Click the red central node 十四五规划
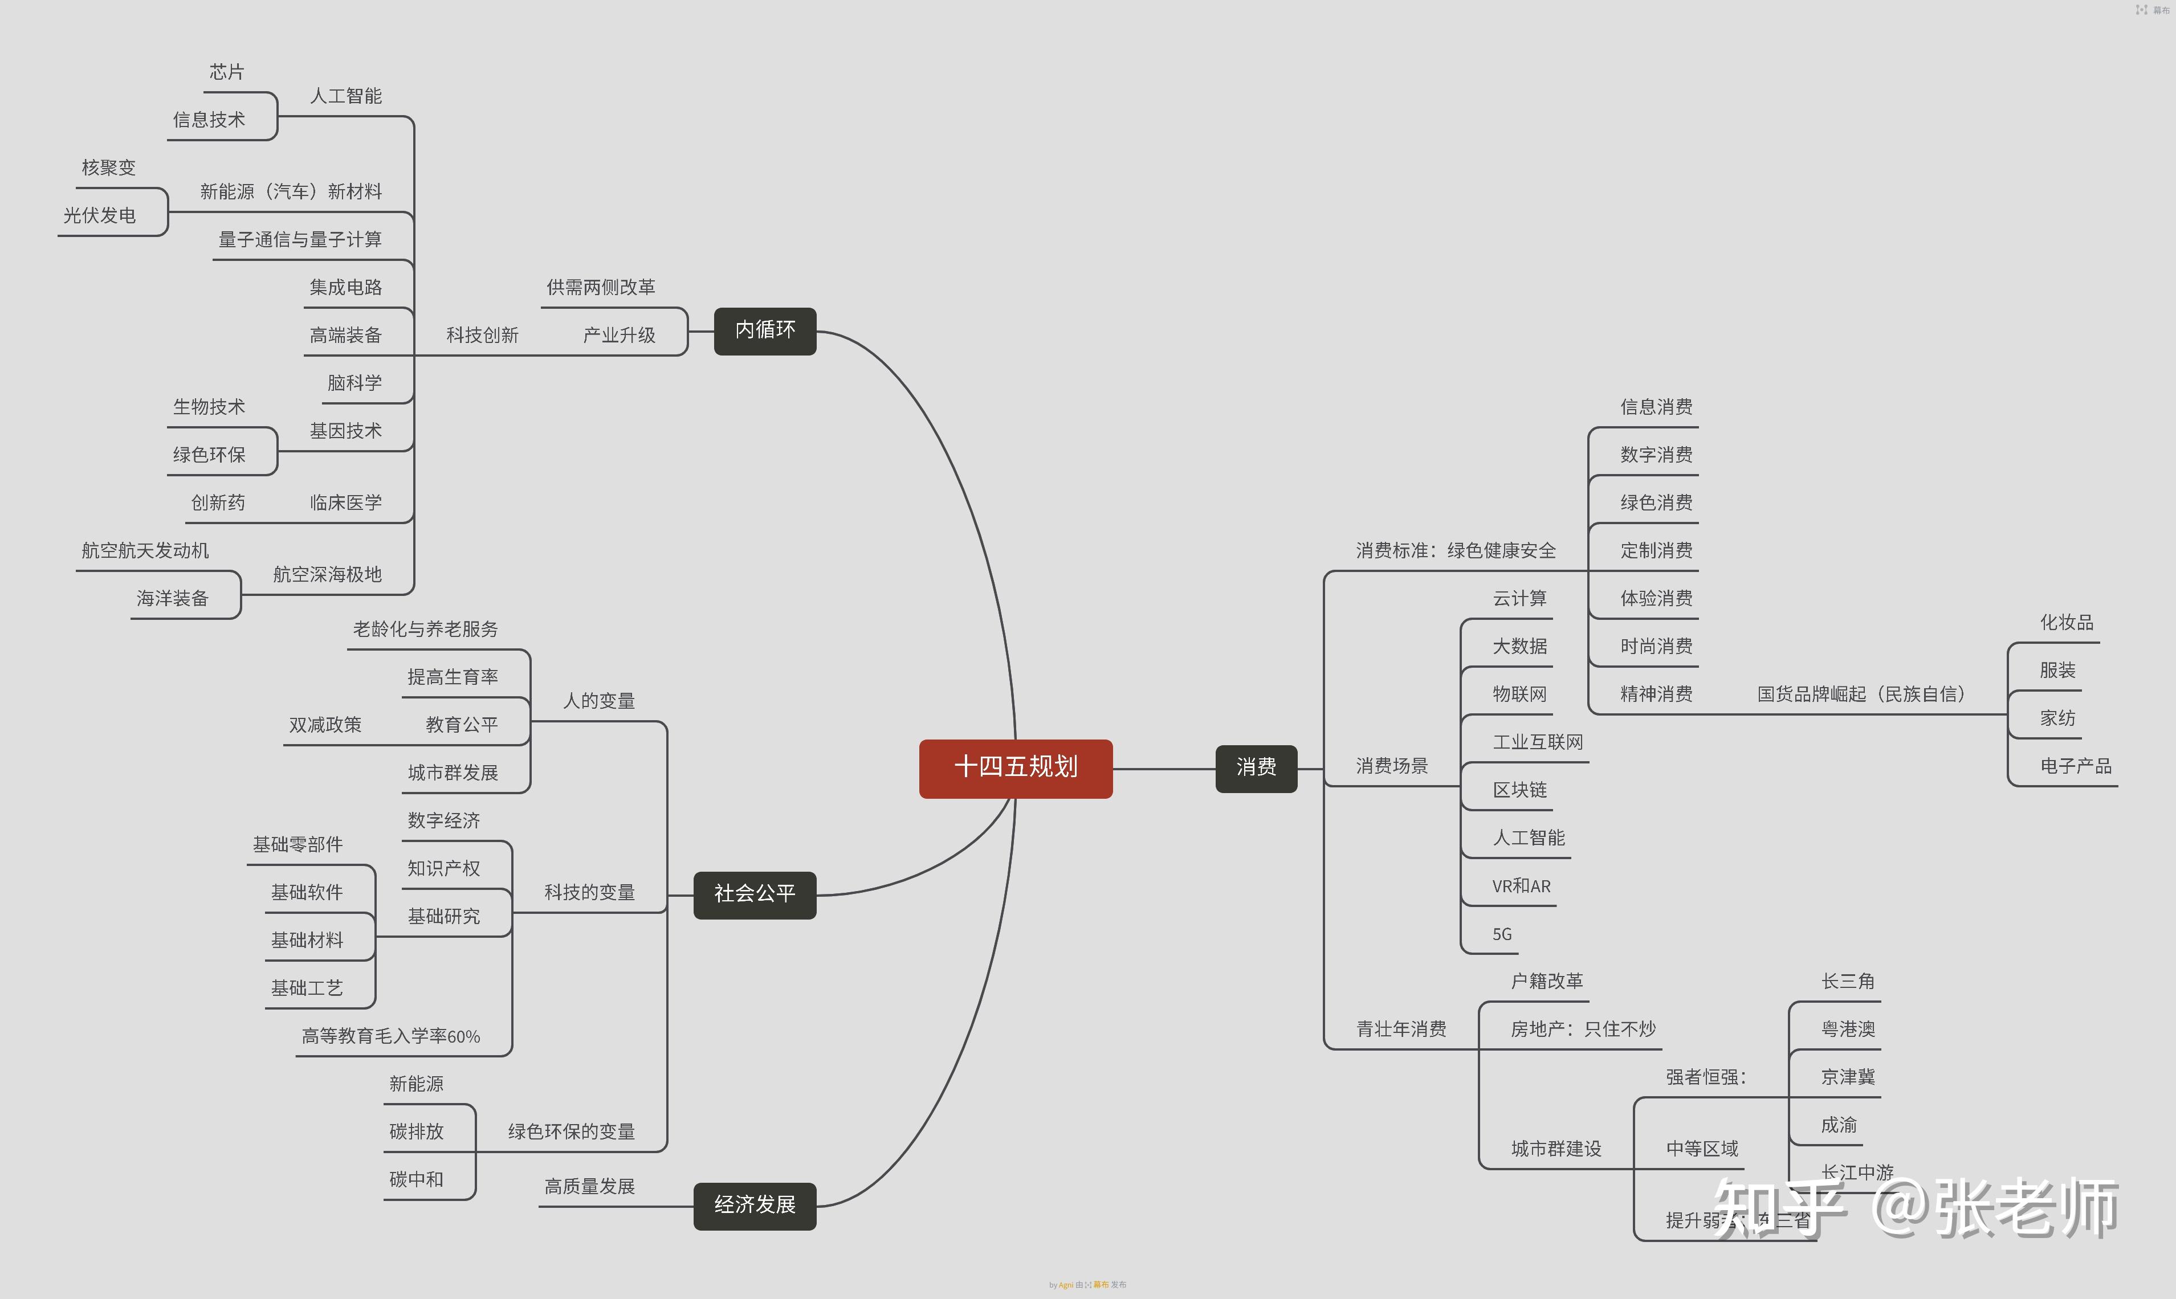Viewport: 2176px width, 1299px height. coord(1015,767)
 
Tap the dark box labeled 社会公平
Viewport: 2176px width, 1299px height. coord(754,894)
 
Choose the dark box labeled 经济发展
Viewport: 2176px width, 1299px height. coord(754,1206)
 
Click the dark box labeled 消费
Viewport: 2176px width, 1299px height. coord(1256,767)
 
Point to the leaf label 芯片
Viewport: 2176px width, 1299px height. coord(227,72)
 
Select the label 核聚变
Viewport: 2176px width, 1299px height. coord(109,167)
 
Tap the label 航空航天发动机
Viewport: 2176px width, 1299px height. coord(145,550)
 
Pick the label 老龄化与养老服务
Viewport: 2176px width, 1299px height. coord(426,630)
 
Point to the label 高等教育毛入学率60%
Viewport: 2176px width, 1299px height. coord(390,1036)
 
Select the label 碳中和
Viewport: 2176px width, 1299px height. coord(416,1179)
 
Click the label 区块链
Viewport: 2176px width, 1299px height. coord(1519,790)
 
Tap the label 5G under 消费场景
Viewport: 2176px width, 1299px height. coord(1502,934)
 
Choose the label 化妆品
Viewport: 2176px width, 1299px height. coord(2067,622)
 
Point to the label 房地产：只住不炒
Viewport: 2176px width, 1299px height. coord(1582,1030)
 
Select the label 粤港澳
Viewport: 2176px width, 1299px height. coord(1848,1030)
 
